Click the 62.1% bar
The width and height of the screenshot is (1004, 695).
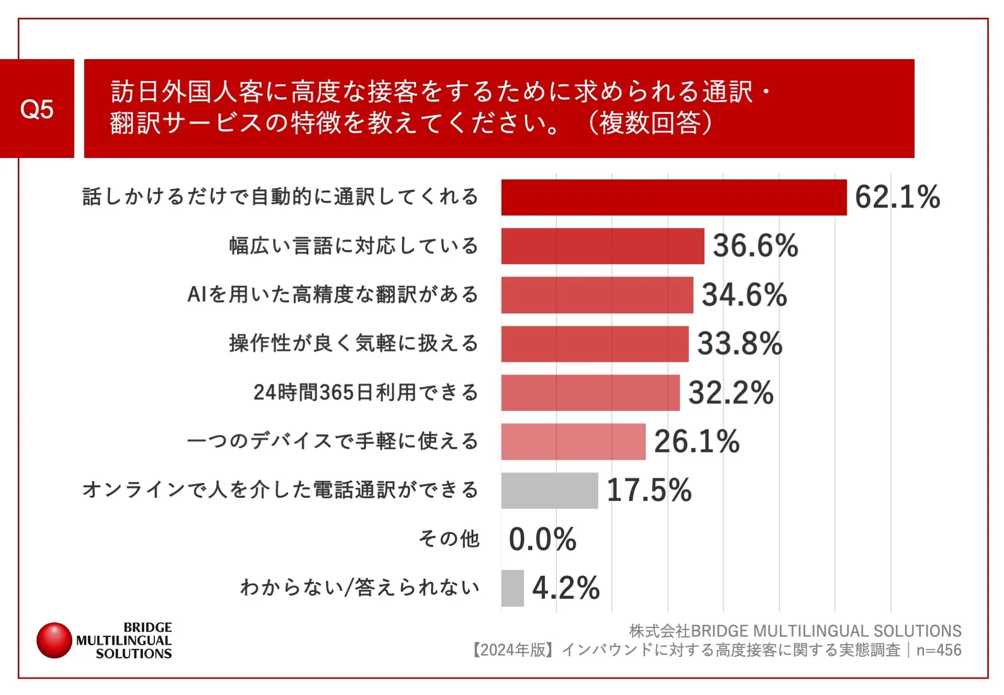click(x=674, y=197)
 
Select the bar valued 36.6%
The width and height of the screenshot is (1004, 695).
click(x=602, y=246)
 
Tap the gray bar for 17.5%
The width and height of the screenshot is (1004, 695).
click(x=549, y=491)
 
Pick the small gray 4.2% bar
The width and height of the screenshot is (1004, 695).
click(x=512, y=588)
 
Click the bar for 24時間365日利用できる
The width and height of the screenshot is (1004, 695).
click(x=590, y=393)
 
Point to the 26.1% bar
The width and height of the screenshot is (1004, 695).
click(x=573, y=441)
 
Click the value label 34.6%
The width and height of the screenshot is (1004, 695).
click(x=744, y=294)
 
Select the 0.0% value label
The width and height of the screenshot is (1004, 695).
click(x=542, y=539)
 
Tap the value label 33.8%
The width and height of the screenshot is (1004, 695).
click(x=740, y=344)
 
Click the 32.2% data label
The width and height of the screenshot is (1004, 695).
click(x=731, y=393)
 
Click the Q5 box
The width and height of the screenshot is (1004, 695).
click(x=37, y=109)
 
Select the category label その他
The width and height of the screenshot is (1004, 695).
click(x=449, y=539)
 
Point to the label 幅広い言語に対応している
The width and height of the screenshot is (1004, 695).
click(x=353, y=246)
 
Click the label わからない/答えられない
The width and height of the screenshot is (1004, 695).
click(x=360, y=588)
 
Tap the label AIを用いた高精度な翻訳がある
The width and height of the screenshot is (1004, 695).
click(x=333, y=294)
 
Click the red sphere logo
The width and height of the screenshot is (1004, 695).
click(x=54, y=640)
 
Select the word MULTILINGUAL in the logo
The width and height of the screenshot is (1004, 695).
click(x=124, y=641)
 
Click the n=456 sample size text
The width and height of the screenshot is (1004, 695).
click(x=939, y=650)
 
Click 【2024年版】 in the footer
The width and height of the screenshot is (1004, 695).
click(x=513, y=650)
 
